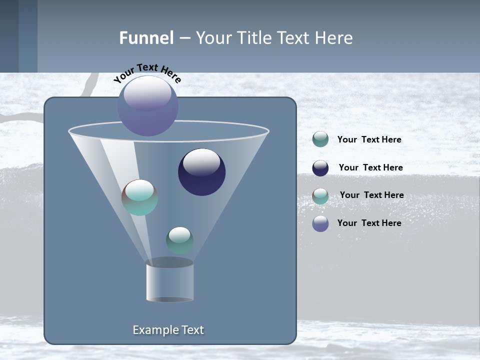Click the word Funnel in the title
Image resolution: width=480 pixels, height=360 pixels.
(x=146, y=38)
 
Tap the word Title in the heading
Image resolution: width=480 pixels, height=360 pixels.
(x=255, y=38)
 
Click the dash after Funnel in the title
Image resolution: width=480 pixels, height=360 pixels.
(x=184, y=38)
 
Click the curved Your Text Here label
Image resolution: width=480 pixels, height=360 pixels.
(x=147, y=72)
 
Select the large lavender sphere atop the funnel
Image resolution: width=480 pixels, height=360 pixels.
(x=147, y=105)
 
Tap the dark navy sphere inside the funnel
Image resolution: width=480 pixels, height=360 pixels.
(x=201, y=172)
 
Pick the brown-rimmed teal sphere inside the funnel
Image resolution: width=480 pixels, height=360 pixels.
(x=139, y=197)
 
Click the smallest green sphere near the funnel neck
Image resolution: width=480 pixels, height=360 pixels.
(x=179, y=240)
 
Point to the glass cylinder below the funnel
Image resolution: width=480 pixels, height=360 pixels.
(x=169, y=281)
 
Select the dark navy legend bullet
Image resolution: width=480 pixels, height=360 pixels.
(x=320, y=168)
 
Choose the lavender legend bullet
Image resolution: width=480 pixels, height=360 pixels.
(x=320, y=223)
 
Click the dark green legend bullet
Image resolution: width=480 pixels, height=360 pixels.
(x=320, y=139)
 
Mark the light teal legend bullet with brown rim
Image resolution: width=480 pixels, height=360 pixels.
(x=320, y=196)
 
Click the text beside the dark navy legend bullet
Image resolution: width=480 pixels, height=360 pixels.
(x=370, y=167)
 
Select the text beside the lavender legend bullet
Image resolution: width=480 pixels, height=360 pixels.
(x=369, y=223)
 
